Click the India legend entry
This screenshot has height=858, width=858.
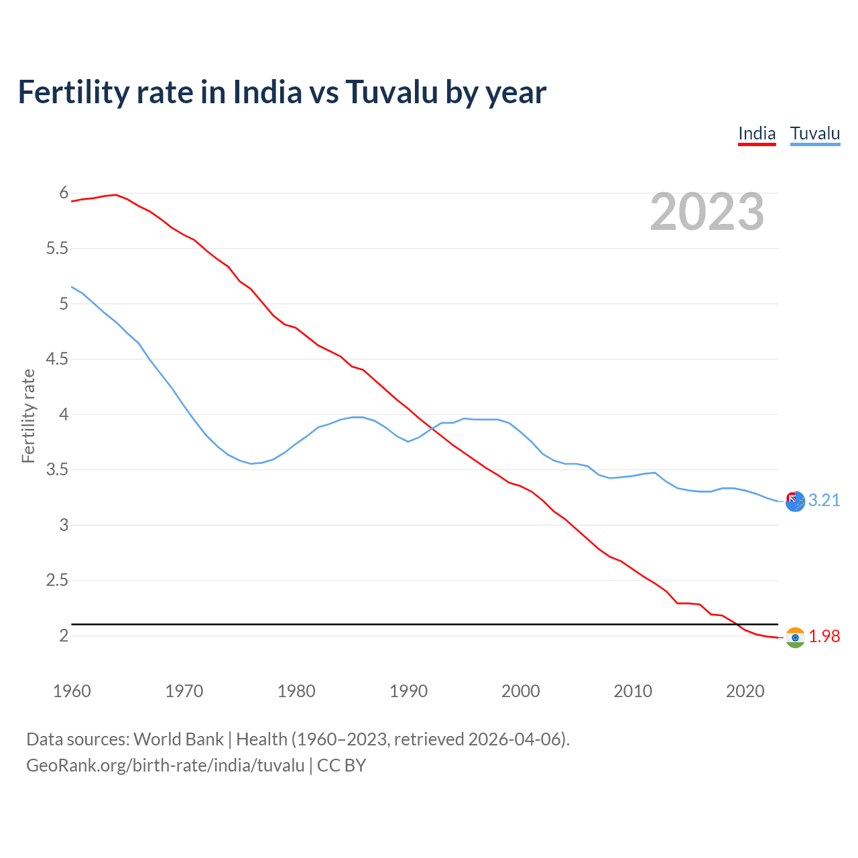(x=757, y=133)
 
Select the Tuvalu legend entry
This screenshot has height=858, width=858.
(x=814, y=133)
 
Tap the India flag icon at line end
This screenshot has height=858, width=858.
(x=795, y=637)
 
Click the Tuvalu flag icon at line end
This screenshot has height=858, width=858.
(x=795, y=501)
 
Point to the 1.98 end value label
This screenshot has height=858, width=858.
(x=824, y=636)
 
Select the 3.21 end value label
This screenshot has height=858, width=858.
(x=824, y=500)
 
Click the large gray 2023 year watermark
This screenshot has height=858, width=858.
(x=707, y=212)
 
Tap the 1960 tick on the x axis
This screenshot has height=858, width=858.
(x=72, y=691)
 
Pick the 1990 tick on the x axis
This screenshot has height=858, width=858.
(x=408, y=691)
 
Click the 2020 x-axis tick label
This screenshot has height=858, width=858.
(x=745, y=691)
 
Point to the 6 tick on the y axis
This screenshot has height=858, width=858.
(x=64, y=193)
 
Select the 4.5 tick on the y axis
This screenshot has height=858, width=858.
(x=57, y=359)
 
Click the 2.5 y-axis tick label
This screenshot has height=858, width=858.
(x=57, y=580)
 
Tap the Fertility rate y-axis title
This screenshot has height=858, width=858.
(x=28, y=416)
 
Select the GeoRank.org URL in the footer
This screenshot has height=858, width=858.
(x=165, y=765)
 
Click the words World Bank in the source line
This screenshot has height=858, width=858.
(x=178, y=739)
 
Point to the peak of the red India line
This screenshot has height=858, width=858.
(x=116, y=194)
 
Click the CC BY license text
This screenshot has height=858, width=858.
(x=341, y=765)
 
